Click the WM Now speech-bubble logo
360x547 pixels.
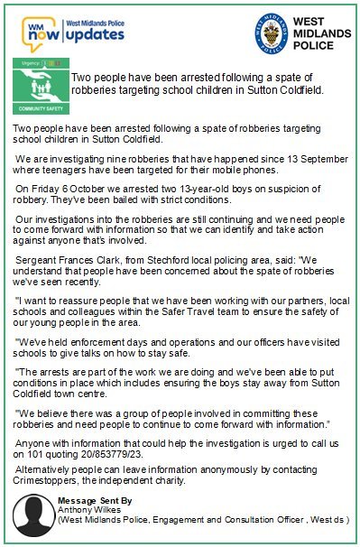tap(41, 33)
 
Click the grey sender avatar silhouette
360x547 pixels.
tap(32, 515)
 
